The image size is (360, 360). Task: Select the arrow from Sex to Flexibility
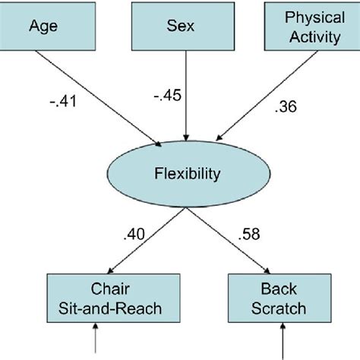pyautogui.click(x=181, y=99)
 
